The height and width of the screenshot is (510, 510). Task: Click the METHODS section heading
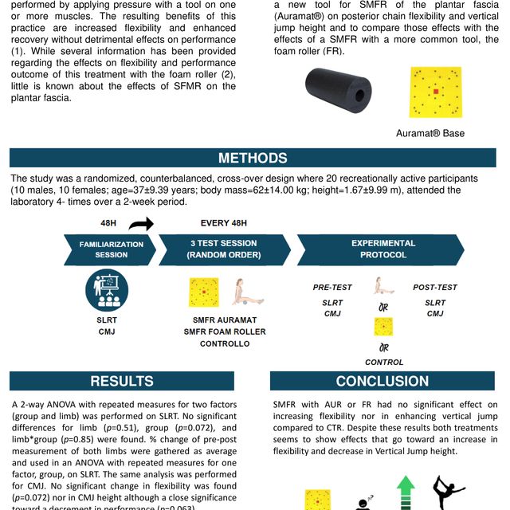tap(253, 158)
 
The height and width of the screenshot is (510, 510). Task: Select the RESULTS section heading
tap(122, 381)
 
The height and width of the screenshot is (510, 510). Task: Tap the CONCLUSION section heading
tap(382, 381)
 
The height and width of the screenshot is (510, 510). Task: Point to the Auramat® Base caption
tap(430, 133)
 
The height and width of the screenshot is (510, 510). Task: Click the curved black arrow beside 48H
tap(141, 225)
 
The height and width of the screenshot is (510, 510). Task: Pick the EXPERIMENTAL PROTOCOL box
tap(382, 249)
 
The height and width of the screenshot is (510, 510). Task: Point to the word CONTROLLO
tap(225, 343)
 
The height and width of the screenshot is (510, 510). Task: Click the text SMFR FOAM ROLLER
tap(225, 331)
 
